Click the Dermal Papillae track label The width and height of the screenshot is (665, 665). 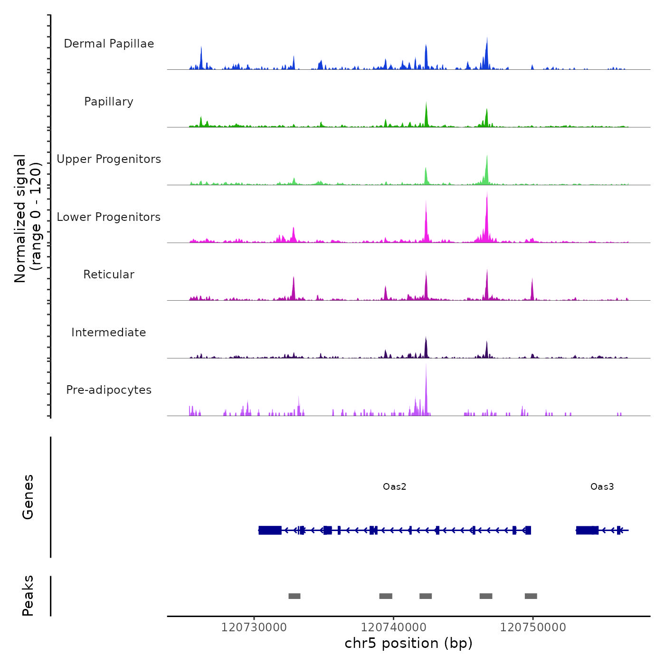pyautogui.click(x=109, y=44)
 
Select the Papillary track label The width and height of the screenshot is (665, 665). pyautogui.click(x=109, y=102)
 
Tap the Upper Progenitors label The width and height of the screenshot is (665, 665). pyautogui.click(x=109, y=159)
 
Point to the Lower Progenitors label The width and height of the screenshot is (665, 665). pyautogui.click(x=109, y=217)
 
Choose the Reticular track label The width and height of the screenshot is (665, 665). pyautogui.click(x=109, y=275)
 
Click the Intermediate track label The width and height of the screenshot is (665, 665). pyautogui.click(x=109, y=332)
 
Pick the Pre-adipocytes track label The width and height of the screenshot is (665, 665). pyautogui.click(x=109, y=390)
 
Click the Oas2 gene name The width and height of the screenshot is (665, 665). pyautogui.click(x=395, y=486)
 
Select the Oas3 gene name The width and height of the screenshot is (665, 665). pyautogui.click(x=602, y=486)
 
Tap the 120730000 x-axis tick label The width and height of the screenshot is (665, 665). pyautogui.click(x=254, y=627)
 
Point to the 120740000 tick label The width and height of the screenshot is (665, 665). pyautogui.click(x=393, y=627)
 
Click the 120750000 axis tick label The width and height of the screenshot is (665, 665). pyautogui.click(x=533, y=627)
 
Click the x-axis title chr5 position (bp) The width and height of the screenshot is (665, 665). pyautogui.click(x=408, y=644)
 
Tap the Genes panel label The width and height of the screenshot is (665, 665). pyautogui.click(x=28, y=496)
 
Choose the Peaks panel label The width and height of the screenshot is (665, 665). pyautogui.click(x=28, y=596)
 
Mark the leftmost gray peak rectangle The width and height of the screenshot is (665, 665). pyautogui.click(x=294, y=596)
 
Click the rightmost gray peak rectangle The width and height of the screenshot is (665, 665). pyautogui.click(x=531, y=596)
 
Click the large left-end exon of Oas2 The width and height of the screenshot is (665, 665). pyautogui.click(x=270, y=530)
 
